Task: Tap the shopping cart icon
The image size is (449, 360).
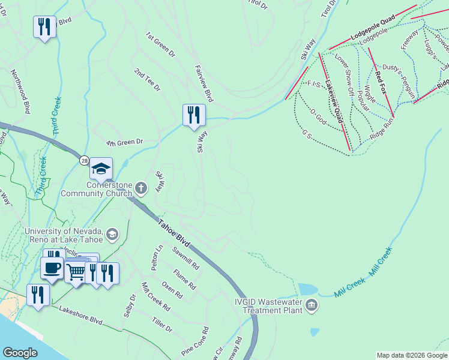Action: point(76,272)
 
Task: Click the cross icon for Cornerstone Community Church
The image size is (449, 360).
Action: point(141,189)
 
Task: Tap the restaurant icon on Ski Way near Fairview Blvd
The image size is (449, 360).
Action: point(194,115)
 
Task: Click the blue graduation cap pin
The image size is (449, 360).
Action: point(101,169)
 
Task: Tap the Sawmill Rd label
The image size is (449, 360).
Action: point(185,257)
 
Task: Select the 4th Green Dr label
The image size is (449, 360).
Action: point(125,143)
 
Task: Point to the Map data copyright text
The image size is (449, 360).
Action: point(411,355)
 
